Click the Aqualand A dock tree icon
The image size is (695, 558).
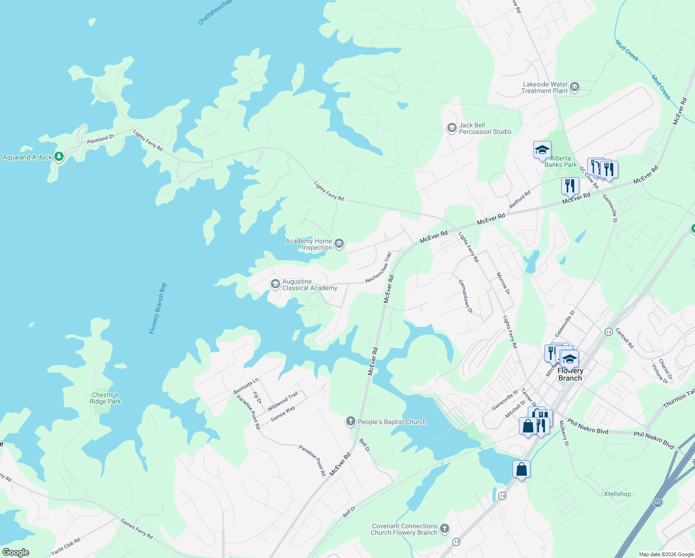[x=59, y=157]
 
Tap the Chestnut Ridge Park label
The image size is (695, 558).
[x=105, y=399]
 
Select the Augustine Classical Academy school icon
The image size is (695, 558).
[x=275, y=284]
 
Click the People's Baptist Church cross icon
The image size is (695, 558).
[x=350, y=421]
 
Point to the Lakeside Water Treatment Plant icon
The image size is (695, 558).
[x=575, y=87]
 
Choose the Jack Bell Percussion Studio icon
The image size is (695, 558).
[x=452, y=128]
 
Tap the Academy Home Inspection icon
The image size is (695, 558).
[x=339, y=244]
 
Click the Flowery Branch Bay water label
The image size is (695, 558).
[x=158, y=308]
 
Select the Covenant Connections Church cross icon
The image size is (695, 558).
[x=445, y=528]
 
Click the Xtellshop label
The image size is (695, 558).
[x=617, y=494]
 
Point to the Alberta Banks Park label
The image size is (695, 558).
[x=560, y=161]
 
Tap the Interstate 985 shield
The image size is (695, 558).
[x=657, y=503]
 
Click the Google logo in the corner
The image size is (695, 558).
[x=15, y=552]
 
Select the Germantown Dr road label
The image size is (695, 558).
[x=465, y=296]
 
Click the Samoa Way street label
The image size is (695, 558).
[x=282, y=414]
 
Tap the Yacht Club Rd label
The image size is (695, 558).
[x=66, y=546]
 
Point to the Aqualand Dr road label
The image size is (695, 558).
[x=100, y=139]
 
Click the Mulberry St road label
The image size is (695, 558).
[x=564, y=433]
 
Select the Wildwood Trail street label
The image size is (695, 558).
[x=282, y=401]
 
